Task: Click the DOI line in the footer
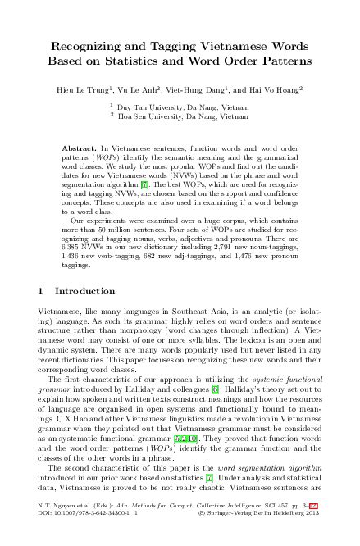93,538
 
